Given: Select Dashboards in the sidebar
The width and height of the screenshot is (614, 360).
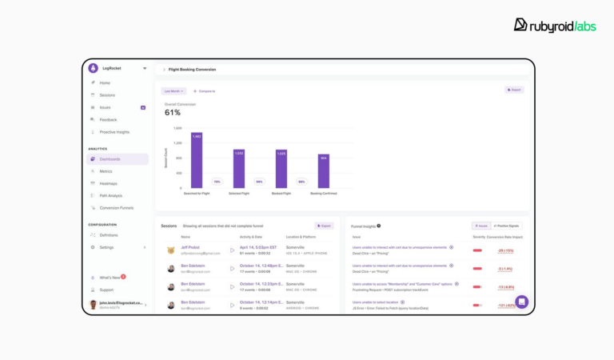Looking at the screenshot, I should point(110,159).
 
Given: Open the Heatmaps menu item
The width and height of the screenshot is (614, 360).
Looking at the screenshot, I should point(108,183).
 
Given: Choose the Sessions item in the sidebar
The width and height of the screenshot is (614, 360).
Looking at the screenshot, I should point(107,95).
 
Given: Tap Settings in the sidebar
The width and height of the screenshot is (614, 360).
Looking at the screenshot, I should point(106,247).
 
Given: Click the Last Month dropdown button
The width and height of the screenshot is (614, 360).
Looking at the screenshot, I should point(173,91).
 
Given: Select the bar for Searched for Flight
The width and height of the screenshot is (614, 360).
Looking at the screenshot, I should point(197,160).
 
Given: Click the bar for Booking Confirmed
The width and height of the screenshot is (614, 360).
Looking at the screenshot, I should point(324,171).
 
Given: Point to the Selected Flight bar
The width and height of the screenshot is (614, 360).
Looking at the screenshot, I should point(239,169).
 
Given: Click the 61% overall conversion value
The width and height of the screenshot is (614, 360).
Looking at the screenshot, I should point(173,113).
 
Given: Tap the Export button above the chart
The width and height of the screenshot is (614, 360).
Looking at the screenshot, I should point(514,90).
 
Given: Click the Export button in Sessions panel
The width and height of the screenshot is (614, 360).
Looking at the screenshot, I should point(324,226).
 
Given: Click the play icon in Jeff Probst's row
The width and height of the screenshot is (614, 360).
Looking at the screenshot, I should point(233,250).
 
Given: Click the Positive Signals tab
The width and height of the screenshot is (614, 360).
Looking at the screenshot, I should point(508,226).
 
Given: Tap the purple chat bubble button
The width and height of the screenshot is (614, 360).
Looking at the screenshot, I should point(521,302).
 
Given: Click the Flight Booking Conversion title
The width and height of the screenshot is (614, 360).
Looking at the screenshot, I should point(192,70).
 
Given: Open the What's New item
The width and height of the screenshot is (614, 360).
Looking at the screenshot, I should point(110,278).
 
